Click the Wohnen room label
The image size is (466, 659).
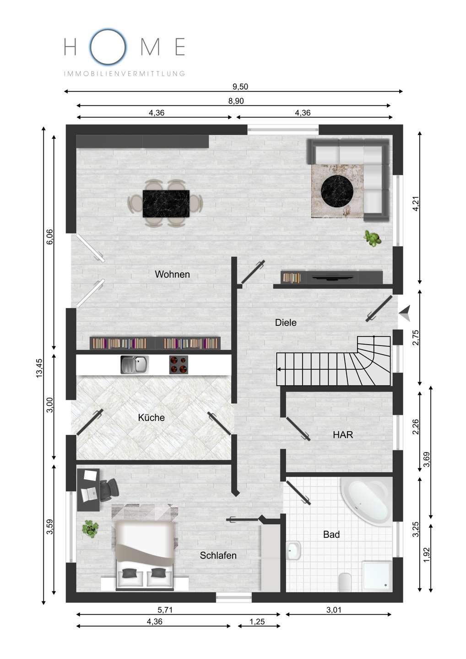172,275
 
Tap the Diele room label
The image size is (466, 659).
285,323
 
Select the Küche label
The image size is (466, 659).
151,417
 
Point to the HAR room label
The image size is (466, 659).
343,435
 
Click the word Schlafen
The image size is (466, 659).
218,556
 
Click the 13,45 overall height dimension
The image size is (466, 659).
39,368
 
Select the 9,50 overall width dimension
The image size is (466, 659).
240,86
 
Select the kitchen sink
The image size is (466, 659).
135,365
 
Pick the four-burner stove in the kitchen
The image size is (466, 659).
178,365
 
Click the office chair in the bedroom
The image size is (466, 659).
109,490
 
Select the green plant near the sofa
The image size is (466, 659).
373,238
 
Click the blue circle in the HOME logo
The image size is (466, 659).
108,47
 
